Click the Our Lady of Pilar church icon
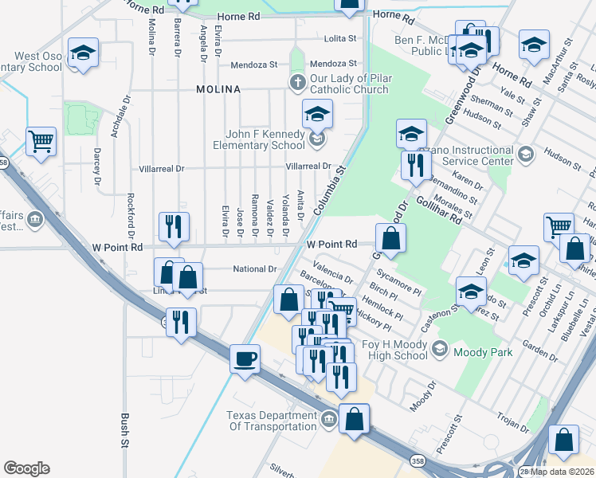click(296, 82)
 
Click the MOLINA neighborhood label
click(218, 90)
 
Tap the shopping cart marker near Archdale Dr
click(41, 142)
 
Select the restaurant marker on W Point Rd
click(173, 226)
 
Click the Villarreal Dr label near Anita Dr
click(308, 167)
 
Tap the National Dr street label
click(254, 269)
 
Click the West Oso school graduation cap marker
click(83, 53)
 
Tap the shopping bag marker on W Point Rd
click(390, 238)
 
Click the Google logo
click(26, 468)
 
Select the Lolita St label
click(339, 39)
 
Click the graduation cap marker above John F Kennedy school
click(317, 115)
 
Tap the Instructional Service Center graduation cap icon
click(524, 153)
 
